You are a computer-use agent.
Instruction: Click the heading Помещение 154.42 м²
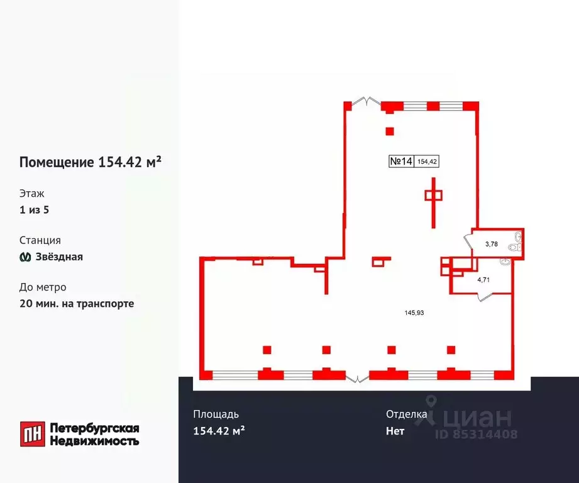pos(91,162)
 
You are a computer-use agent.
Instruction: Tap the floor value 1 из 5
pos(34,210)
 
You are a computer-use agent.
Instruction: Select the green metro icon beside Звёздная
pos(26,257)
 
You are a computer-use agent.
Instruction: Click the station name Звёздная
pos(59,257)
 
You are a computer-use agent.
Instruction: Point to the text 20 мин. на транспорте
pos(77,303)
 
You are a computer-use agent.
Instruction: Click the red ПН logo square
pos(31,433)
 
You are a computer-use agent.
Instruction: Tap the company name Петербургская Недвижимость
pos(94,434)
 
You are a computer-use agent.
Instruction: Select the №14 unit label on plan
pos(401,162)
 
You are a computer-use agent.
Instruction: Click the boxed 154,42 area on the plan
pos(427,162)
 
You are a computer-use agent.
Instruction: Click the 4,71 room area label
pos(483,280)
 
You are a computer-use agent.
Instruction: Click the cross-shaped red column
pos(433,196)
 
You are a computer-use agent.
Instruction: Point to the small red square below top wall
pos(390,131)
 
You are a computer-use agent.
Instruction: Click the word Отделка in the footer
pos(407,414)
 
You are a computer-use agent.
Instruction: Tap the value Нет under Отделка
pos(395,431)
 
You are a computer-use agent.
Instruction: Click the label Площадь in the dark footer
pos(216,414)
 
